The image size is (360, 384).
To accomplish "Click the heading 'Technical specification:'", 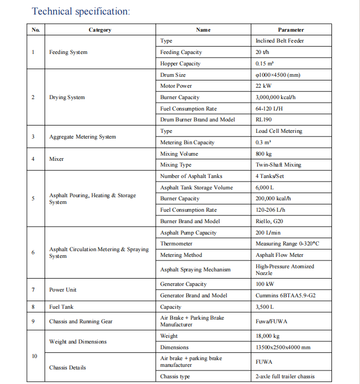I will [81, 11].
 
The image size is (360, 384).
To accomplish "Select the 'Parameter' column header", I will [290, 30].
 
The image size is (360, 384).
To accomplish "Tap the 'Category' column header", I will [100, 30].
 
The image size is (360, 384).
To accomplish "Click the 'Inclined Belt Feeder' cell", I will [280, 41].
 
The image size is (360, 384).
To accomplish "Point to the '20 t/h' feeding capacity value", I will [262, 52].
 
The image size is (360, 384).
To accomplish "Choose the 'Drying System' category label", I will [67, 98].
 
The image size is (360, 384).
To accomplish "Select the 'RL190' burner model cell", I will [264, 120].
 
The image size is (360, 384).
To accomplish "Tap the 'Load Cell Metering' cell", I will [279, 131].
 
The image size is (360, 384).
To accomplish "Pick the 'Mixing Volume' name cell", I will [179, 154].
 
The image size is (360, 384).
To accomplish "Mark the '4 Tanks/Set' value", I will [269, 176].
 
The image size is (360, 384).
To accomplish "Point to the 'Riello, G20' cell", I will [270, 222].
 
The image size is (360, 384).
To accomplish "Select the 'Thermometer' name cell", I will [176, 244].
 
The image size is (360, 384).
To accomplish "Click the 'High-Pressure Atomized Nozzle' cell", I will [284, 270].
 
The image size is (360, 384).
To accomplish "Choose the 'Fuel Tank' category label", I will [61, 307].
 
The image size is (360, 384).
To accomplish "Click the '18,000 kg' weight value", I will [268, 336].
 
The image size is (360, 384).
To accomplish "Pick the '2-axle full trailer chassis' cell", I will [285, 377].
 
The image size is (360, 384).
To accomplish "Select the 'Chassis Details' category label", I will [67, 368].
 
